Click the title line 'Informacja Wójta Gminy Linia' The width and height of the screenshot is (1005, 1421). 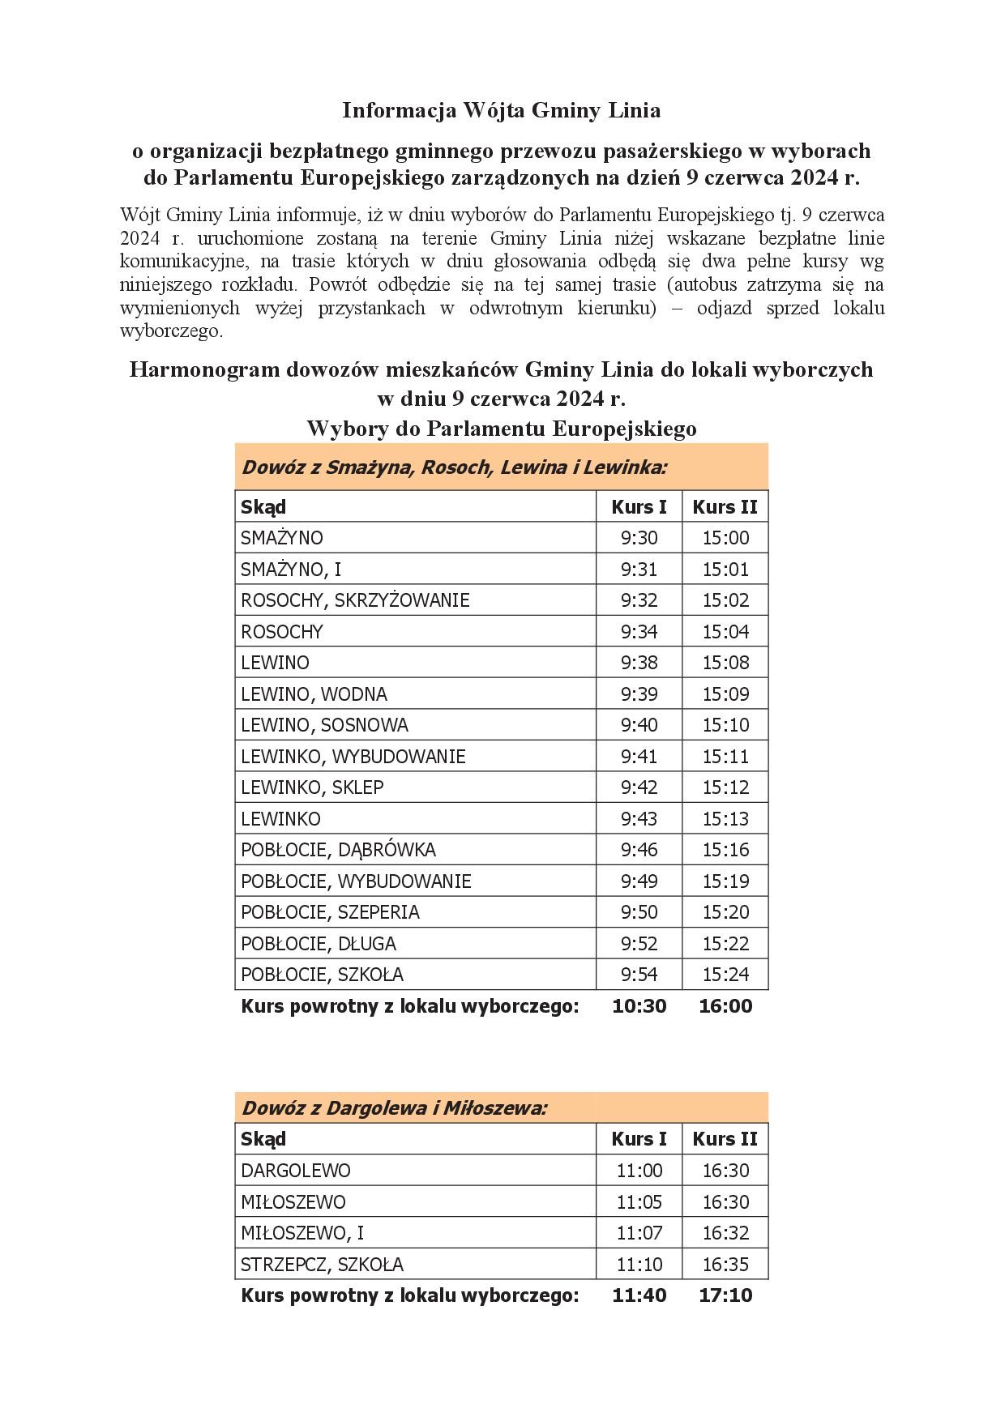click(x=501, y=110)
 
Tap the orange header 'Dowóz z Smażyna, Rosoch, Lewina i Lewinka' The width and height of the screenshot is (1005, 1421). click(x=454, y=467)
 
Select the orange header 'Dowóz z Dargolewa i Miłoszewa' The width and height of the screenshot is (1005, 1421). click(x=394, y=1107)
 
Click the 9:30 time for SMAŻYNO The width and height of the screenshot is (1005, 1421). click(x=639, y=538)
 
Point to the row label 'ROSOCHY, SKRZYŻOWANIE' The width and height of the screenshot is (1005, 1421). click(x=355, y=600)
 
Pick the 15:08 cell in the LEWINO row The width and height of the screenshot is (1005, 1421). click(x=725, y=663)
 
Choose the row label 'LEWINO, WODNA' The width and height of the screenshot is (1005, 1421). click(x=314, y=694)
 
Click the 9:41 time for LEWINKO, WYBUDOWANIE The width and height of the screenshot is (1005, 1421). click(x=639, y=757)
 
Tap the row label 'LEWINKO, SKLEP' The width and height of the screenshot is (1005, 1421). click(x=312, y=787)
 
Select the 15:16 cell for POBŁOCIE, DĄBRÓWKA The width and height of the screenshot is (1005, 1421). click(x=725, y=850)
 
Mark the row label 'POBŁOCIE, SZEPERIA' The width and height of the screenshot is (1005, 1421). click(x=330, y=912)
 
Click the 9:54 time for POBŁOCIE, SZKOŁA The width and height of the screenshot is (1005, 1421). click(x=639, y=975)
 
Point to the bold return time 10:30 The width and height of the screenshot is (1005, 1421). click(x=639, y=1006)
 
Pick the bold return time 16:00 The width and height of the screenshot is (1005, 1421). click(x=725, y=1006)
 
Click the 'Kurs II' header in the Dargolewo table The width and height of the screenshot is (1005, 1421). click(x=725, y=1139)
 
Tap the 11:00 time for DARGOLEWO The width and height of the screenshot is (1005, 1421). click(x=639, y=1171)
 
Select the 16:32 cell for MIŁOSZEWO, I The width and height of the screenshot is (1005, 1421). click(x=725, y=1233)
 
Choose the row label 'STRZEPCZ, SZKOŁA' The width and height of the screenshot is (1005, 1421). click(x=322, y=1265)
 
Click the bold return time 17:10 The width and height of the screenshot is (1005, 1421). click(x=725, y=1295)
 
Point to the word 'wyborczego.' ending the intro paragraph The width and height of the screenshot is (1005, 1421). click(x=171, y=331)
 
